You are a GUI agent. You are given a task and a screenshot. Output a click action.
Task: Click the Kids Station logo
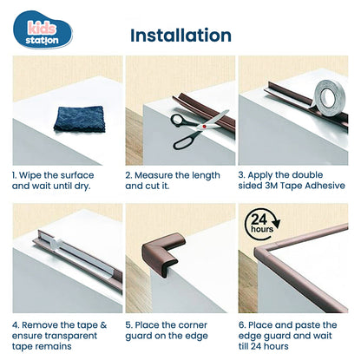pyautogui.click(x=43, y=32)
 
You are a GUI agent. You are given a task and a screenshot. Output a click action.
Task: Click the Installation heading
pyautogui.click(x=180, y=36)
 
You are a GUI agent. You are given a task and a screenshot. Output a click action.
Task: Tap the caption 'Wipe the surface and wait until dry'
pyautogui.click(x=56, y=180)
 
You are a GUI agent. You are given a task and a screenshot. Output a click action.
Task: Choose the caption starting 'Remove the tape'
pyautogui.click(x=57, y=336)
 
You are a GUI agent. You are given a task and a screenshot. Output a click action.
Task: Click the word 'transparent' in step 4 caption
pyautogui.click(x=86, y=336)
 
